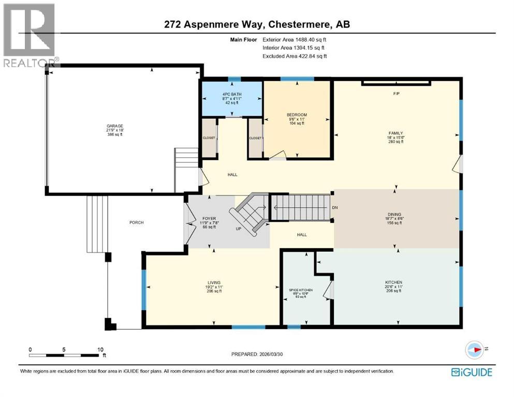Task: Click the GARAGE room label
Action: click(x=114, y=125)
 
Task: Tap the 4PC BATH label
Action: click(x=231, y=94)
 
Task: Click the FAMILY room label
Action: click(x=396, y=133)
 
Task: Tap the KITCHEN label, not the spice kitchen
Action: click(x=394, y=282)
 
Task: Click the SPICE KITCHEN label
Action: click(x=301, y=291)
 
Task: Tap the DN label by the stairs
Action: click(x=335, y=208)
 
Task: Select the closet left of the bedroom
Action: click(x=255, y=138)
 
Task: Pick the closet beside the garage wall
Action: click(x=209, y=139)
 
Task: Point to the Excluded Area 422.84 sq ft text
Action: click(x=295, y=56)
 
